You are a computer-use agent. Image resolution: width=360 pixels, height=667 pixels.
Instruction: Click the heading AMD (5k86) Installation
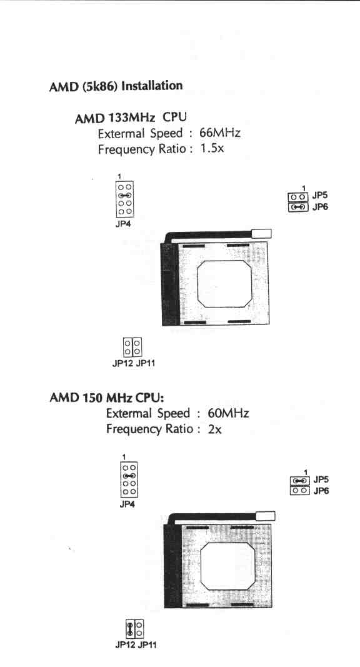tap(116, 86)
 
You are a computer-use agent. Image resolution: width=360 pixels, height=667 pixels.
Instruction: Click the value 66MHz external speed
tap(220, 133)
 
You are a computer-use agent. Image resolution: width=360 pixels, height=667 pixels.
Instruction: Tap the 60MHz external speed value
tap(229, 413)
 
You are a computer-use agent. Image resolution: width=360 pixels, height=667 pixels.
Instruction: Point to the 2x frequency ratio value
tap(215, 429)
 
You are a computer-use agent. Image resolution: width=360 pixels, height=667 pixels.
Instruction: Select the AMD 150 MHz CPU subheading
tap(107, 398)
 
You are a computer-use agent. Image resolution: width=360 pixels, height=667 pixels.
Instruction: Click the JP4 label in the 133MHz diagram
tap(123, 224)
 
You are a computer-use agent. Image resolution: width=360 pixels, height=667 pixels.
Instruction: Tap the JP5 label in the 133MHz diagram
tap(320, 196)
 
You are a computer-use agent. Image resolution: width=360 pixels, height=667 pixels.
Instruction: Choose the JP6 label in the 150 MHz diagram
tap(321, 491)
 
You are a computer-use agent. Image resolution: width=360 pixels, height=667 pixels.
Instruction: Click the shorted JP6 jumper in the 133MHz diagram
tap(299, 207)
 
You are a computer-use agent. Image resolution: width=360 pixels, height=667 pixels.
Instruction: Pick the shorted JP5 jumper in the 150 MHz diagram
tap(300, 481)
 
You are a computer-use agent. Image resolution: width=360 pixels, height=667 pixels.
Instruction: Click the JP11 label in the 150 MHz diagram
tap(147, 645)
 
